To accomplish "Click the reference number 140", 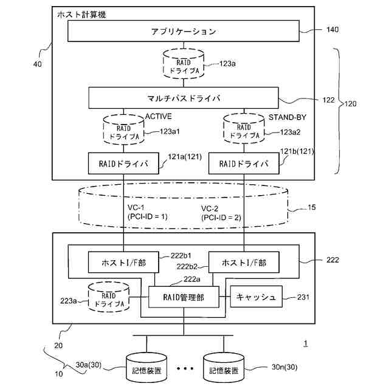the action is point(332,30).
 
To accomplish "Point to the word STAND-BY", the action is point(287,117).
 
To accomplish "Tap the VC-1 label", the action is point(136,207).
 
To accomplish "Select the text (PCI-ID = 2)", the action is point(221,218).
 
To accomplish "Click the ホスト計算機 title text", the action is point(81,15).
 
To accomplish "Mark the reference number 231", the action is point(303,297).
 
